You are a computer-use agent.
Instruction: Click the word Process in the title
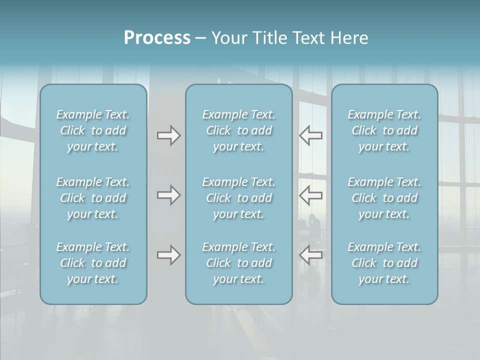[157, 38]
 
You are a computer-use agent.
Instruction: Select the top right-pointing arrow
[169, 135]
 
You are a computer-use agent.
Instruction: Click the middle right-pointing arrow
[169, 195]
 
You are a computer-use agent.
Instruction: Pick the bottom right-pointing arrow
[169, 255]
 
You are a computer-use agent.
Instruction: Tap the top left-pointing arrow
[310, 135]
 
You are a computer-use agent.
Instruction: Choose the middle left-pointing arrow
[310, 195]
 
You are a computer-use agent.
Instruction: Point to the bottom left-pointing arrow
[310, 255]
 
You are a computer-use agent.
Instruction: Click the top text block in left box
[93, 130]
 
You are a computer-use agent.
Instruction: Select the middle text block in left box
[93, 198]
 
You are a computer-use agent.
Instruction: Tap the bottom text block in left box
[93, 263]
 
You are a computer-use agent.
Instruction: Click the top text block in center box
[239, 130]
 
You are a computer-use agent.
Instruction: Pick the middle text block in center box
[239, 198]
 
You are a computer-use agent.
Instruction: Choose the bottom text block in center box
[239, 263]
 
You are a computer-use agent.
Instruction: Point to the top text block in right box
[384, 130]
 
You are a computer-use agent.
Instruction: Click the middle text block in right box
[384, 198]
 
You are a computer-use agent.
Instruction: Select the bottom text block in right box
[384, 263]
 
